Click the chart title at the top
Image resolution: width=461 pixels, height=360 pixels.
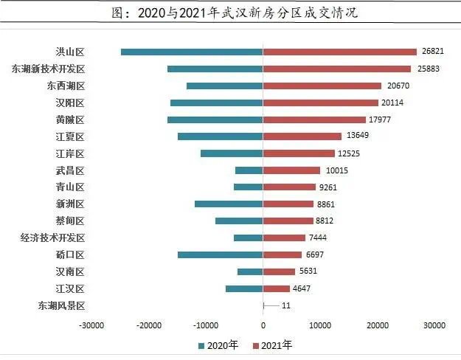tap(230, 14)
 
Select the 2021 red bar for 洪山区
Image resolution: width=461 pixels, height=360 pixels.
tap(339, 52)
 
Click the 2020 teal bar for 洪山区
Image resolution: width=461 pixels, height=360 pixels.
tap(192, 52)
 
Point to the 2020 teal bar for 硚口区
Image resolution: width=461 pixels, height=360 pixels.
tap(220, 255)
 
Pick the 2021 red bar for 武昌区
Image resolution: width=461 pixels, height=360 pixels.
tap(291, 170)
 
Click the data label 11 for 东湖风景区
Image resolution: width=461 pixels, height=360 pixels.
tap(286, 305)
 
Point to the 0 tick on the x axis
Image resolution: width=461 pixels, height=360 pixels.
tap(263, 324)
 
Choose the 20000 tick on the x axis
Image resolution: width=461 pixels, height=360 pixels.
tap(378, 324)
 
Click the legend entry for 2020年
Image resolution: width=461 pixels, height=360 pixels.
tap(218, 345)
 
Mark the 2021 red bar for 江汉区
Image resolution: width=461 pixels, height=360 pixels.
tap(277, 288)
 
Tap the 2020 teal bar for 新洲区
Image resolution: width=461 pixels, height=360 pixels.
tap(229, 204)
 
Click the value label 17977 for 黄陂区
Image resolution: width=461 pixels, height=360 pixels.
tap(384, 120)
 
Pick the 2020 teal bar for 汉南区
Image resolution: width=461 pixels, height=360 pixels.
tap(250, 271)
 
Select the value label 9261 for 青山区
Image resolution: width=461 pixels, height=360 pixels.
tap(327, 187)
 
